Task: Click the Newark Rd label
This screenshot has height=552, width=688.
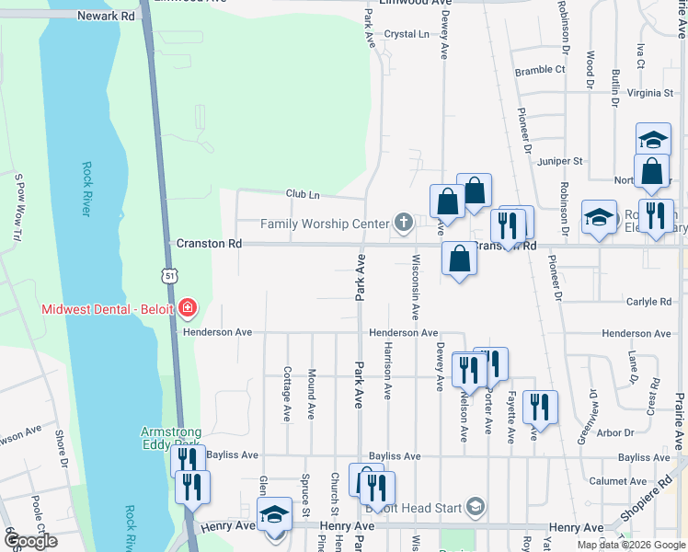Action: click(106, 16)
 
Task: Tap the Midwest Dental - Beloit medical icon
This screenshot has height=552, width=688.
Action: click(188, 307)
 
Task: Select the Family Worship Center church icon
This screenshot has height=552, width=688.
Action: click(403, 223)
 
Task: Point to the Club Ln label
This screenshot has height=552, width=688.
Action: click(303, 194)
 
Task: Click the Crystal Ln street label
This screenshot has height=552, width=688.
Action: click(407, 34)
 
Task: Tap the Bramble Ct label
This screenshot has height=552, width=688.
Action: click(540, 70)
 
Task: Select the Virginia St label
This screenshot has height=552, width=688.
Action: click(650, 93)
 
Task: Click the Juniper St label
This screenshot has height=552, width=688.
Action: click(561, 160)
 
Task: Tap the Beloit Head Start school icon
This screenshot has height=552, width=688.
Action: click(475, 506)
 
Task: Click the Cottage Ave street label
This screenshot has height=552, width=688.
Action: click(288, 394)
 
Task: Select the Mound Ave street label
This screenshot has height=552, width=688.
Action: click(312, 394)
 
